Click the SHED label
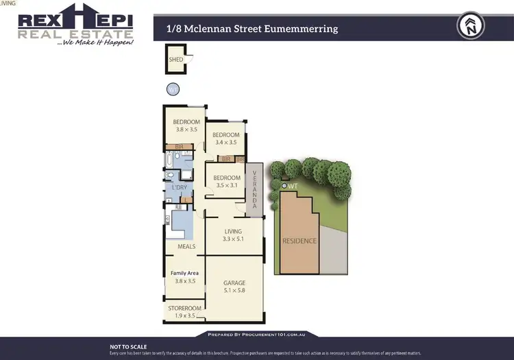click(x=175, y=60)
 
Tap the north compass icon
click(x=470, y=27)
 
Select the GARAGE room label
click(x=234, y=283)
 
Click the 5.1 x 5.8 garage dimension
click(x=234, y=291)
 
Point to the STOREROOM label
click(x=185, y=309)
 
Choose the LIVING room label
click(x=234, y=231)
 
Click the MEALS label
click(x=186, y=246)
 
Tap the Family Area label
click(x=184, y=273)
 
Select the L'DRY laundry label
click(x=180, y=187)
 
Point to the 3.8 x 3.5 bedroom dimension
click(x=186, y=129)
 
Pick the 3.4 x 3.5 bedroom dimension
click(x=225, y=143)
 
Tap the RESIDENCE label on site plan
click(x=299, y=241)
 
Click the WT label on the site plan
click(x=292, y=186)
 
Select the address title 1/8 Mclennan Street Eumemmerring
click(x=252, y=29)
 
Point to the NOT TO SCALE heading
click(x=128, y=347)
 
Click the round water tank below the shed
click(x=173, y=88)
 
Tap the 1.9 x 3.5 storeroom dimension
click(x=185, y=317)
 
